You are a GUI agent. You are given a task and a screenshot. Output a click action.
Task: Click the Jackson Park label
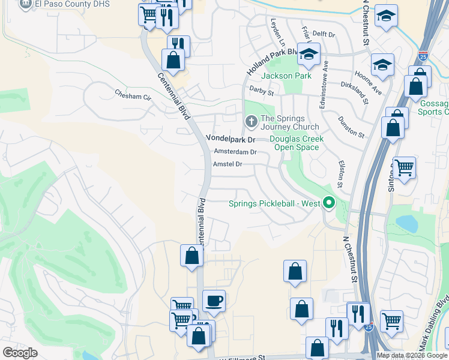point(286,76)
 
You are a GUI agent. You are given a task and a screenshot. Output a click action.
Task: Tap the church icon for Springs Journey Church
point(250,122)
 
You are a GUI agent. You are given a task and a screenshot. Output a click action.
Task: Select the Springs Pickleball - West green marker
point(328,203)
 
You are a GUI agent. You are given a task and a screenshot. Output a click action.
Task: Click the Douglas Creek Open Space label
point(297,143)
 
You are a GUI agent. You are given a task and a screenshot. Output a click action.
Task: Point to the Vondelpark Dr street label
point(231,138)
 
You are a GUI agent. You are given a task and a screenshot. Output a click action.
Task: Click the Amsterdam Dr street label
point(235,152)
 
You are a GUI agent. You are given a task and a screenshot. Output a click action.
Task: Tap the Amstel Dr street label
point(228,164)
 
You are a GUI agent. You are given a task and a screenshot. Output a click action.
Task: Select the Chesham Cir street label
point(133,95)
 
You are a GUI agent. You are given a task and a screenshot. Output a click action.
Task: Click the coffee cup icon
point(214,300)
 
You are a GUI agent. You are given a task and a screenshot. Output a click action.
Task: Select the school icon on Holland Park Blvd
point(309,54)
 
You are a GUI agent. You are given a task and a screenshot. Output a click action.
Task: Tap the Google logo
point(20,353)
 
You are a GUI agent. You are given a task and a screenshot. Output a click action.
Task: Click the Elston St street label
point(340,174)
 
